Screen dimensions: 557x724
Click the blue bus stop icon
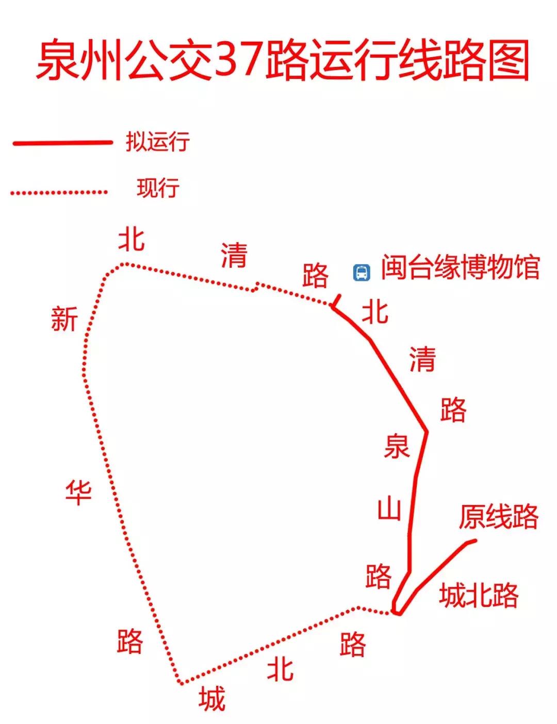tap(362, 272)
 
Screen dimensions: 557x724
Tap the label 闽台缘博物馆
tap(460, 267)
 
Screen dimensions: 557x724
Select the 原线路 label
tap(498, 516)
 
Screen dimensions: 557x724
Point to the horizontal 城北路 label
tap(479, 596)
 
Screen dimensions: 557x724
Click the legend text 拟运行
tap(158, 141)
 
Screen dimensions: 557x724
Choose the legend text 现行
tap(158, 188)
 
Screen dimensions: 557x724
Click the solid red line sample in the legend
tap(62, 143)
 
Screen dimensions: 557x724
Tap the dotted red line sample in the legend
tap(59, 193)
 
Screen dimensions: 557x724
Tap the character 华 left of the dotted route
tap(78, 492)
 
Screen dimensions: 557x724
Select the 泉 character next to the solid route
tap(397, 447)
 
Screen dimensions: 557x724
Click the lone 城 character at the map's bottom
tap(212, 699)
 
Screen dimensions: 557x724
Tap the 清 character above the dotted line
tap(234, 255)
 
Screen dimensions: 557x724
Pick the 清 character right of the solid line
tap(422, 359)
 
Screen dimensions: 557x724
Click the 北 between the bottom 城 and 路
tap(280, 669)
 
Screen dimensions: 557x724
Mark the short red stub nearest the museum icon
tap(336, 301)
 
